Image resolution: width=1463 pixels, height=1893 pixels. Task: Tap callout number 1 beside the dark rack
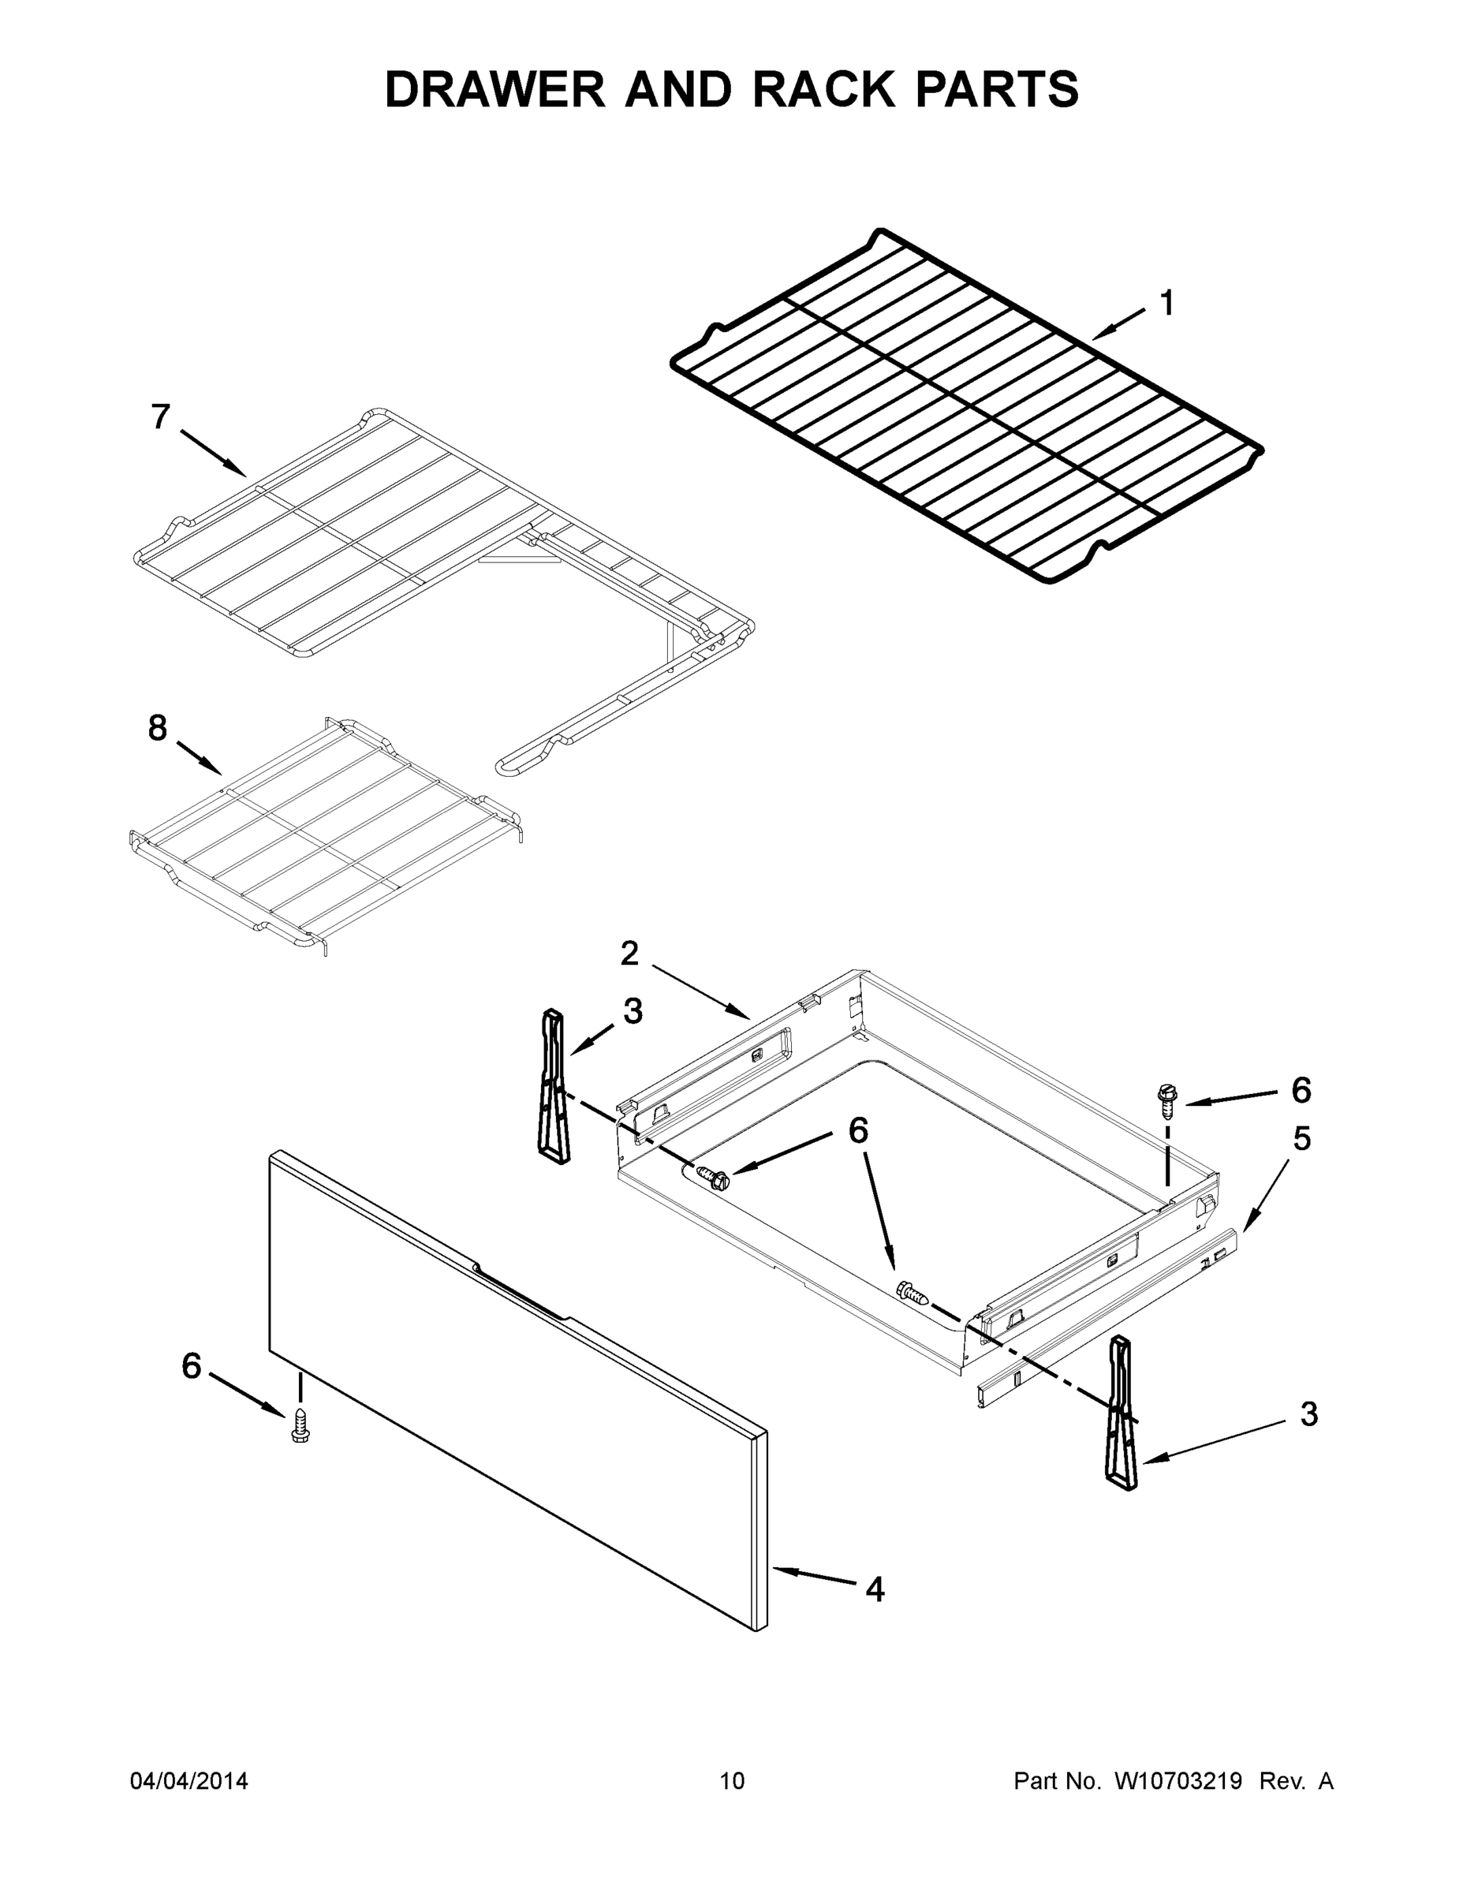click(x=1166, y=304)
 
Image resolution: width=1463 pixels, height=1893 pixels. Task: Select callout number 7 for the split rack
click(x=160, y=418)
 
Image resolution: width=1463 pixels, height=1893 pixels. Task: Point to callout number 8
click(x=157, y=729)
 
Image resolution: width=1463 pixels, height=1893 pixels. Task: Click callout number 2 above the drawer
click(x=629, y=954)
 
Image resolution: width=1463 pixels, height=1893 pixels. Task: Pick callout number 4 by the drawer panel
click(x=875, y=1589)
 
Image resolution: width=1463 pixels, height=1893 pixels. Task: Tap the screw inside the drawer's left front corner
click(x=713, y=1178)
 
